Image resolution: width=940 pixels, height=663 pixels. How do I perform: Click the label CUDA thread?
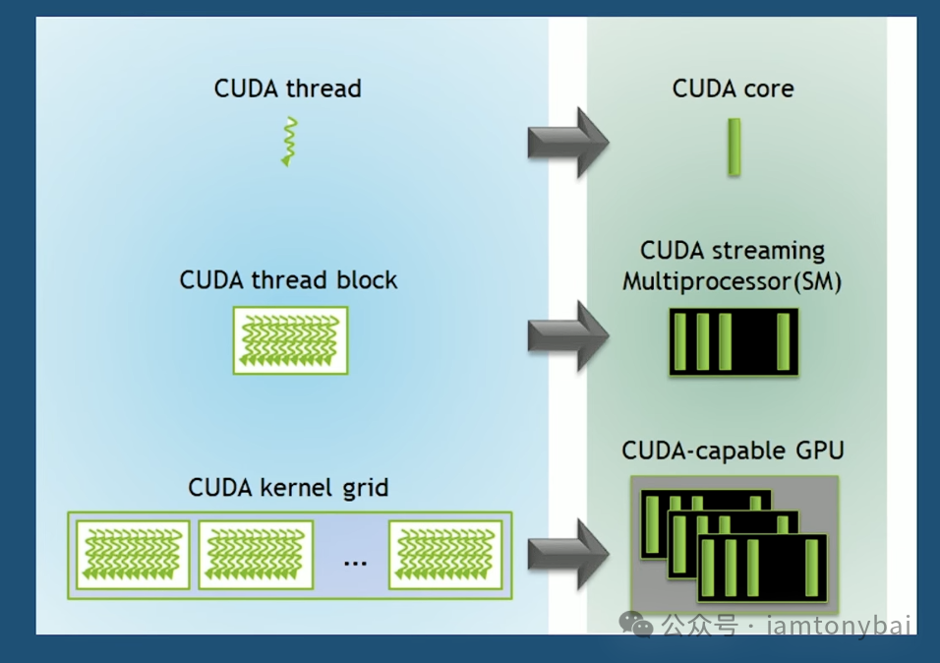tap(287, 89)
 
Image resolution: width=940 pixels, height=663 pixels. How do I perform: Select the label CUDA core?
tap(733, 89)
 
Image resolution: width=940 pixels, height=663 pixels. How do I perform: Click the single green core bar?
tap(734, 148)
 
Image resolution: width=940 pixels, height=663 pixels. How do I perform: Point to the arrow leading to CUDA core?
tap(567, 142)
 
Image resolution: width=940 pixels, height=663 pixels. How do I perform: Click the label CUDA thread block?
tap(288, 279)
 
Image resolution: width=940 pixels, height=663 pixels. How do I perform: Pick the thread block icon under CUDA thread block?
tap(290, 340)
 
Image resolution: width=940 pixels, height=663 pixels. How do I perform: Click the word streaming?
tap(776, 251)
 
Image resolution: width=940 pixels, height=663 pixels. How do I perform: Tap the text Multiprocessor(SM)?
tap(733, 281)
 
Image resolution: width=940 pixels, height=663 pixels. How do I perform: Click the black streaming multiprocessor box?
tap(734, 342)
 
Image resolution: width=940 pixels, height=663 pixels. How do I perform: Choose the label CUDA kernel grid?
tap(288, 487)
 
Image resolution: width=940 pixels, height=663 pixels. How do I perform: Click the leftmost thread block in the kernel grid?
tap(133, 555)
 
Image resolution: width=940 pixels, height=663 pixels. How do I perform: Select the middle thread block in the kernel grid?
tap(256, 555)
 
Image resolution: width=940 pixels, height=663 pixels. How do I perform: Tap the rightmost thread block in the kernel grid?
tap(446, 555)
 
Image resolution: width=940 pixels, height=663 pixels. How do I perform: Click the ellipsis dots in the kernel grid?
tap(355, 562)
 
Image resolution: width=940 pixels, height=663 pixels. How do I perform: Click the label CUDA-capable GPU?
tap(733, 452)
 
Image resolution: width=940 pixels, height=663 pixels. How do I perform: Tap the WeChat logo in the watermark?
tap(640, 625)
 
